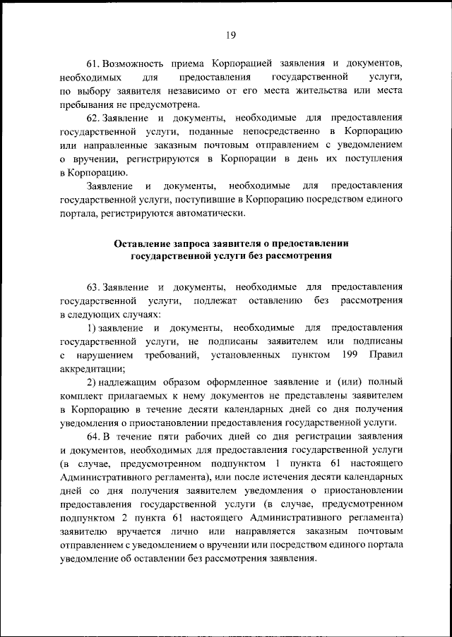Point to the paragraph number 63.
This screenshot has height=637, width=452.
(x=95, y=288)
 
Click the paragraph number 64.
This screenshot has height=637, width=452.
(x=95, y=436)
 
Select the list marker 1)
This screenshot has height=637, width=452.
(x=92, y=328)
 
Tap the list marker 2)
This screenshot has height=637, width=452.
(x=92, y=382)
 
